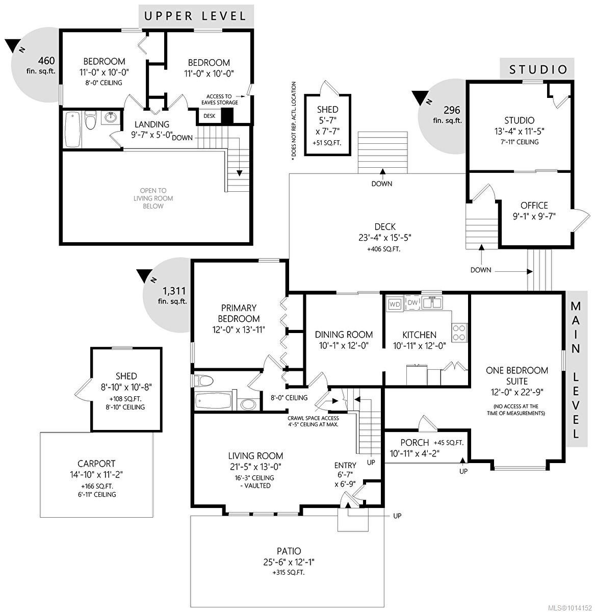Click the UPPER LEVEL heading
(x=196, y=15)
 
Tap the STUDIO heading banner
(x=538, y=69)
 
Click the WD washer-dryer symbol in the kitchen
(x=395, y=304)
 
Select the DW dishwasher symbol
(x=412, y=303)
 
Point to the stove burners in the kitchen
(x=459, y=333)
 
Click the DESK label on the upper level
(x=209, y=116)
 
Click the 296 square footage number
(x=452, y=110)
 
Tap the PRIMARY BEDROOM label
(x=239, y=313)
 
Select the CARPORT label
(x=96, y=464)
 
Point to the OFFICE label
(x=534, y=205)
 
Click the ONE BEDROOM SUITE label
(x=516, y=376)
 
